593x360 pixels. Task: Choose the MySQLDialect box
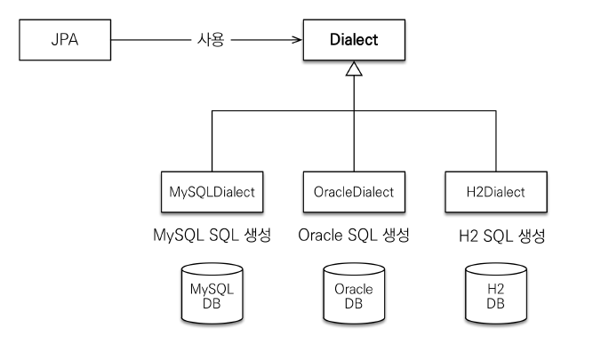point(212,191)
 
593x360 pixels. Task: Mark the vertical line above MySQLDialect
point(212,142)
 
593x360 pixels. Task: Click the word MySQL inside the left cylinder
point(212,290)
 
